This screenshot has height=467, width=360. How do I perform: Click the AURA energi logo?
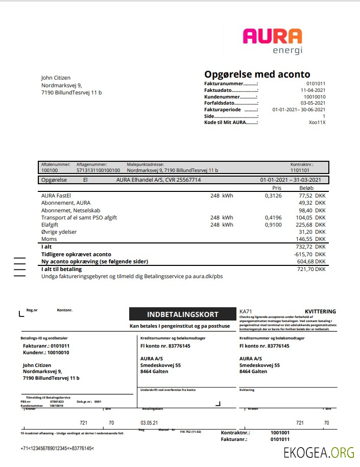click(272, 41)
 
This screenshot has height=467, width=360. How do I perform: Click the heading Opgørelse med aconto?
click(257, 75)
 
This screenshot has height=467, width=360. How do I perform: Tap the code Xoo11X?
click(317, 122)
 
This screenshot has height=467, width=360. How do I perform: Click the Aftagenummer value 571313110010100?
click(98, 170)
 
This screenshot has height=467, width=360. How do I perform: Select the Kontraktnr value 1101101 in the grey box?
click(300, 170)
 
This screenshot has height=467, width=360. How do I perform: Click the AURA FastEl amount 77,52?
click(305, 195)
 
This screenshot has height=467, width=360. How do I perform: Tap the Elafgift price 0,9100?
click(273, 225)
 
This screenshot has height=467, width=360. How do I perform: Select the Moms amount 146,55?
click(304, 239)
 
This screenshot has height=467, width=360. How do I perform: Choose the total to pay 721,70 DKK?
click(311, 269)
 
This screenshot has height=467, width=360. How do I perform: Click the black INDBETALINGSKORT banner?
click(182, 314)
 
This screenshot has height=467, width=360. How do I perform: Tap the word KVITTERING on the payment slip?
click(320, 311)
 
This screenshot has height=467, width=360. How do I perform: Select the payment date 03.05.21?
click(149, 423)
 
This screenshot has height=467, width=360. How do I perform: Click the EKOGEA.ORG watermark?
click(319, 452)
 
